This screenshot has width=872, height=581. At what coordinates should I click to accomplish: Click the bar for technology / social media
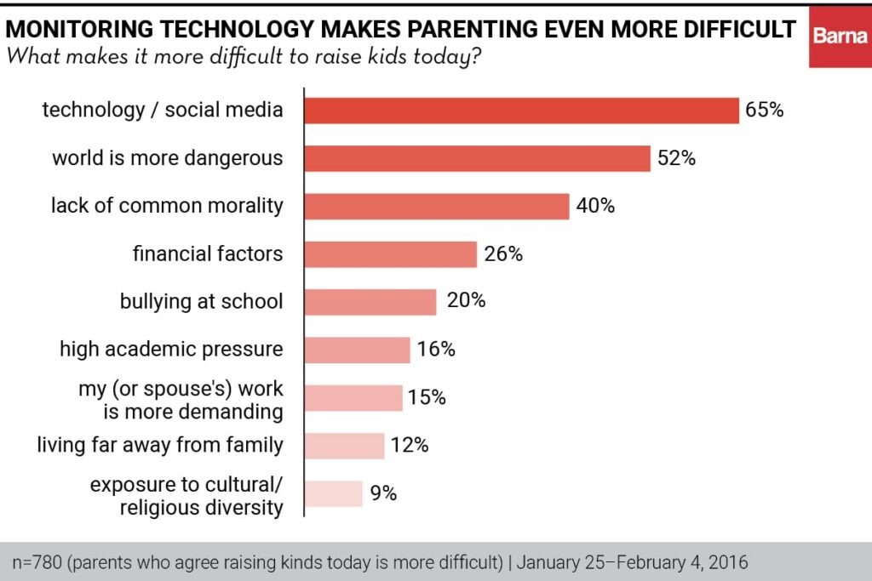[521, 111]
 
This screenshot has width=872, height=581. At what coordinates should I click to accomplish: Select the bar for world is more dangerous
[478, 158]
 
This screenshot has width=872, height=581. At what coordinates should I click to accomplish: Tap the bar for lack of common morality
[437, 206]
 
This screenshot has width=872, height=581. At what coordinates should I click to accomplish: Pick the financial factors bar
[391, 253]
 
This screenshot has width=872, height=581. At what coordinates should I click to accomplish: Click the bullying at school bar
[370, 301]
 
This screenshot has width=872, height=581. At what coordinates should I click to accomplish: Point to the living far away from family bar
[345, 445]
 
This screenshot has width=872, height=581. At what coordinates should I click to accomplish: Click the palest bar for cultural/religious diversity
[334, 493]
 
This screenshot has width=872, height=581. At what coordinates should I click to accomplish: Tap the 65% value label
[764, 111]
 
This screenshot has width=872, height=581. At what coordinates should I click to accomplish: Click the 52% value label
[676, 158]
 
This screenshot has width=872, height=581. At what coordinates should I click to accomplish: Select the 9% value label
[383, 493]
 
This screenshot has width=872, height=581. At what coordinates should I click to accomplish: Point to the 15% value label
[427, 397]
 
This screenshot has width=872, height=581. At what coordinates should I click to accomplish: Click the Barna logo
[840, 35]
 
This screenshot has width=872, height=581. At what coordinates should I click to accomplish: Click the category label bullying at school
[201, 301]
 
